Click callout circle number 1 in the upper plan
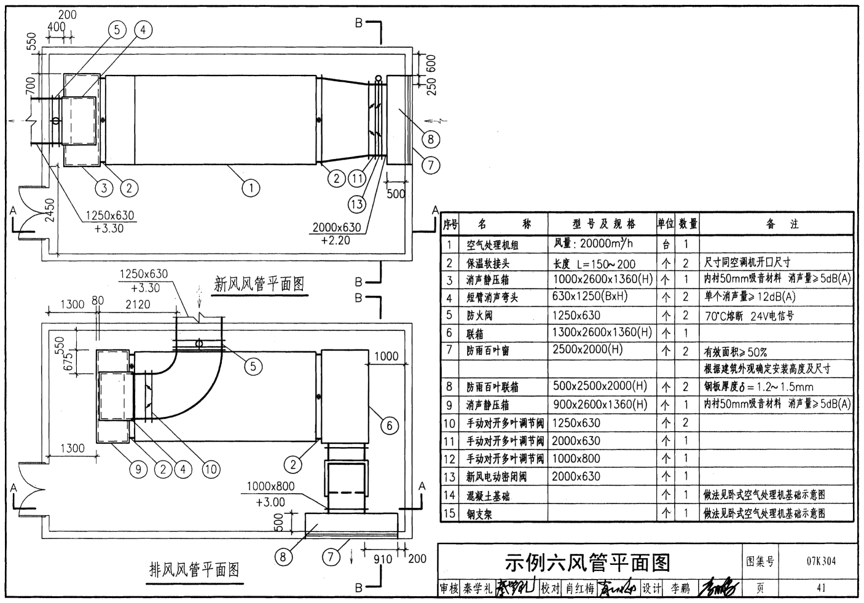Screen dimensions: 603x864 click(250, 188)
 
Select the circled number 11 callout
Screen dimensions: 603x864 click(357, 179)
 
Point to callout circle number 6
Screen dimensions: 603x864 click(390, 426)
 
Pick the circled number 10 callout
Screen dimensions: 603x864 click(211, 470)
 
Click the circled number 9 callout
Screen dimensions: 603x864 click(138, 470)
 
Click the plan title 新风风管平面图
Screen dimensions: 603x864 click(259, 284)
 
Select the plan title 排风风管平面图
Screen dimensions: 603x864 click(194, 570)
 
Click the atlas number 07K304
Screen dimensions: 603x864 click(820, 561)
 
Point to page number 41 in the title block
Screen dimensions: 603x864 click(821, 588)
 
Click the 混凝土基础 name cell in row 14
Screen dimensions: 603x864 click(489, 496)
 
